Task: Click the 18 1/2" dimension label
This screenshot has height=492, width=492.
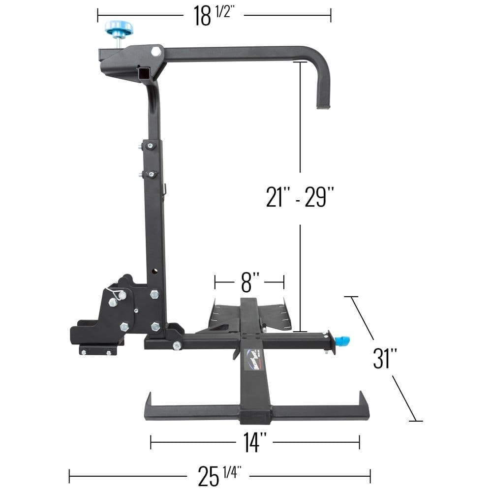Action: (213, 16)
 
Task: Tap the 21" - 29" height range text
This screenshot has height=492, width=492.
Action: (300, 197)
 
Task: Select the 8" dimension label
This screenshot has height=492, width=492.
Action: (249, 282)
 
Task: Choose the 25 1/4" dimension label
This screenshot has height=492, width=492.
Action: (218, 476)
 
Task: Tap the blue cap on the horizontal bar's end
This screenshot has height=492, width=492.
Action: (342, 340)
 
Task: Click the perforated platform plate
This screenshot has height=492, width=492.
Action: (276, 315)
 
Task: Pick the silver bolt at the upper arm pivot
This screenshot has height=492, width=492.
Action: (156, 51)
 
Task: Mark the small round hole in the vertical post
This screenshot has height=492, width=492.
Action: (155, 271)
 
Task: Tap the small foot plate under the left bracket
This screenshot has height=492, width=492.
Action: (98, 350)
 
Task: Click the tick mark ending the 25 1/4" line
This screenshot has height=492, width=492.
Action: (370, 476)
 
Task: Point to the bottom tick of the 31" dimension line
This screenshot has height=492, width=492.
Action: (415, 421)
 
